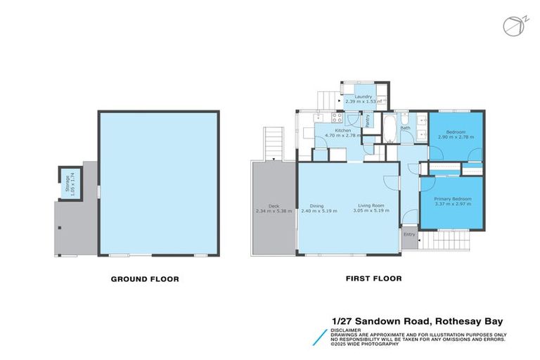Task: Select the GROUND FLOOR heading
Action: pos(145,279)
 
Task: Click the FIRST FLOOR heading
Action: pos(373,278)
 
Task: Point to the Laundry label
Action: pos(363,96)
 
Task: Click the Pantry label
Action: pos(368,120)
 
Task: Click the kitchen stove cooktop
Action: pos(336,119)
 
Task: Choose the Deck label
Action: pos(263,206)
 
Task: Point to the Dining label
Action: pos(317,206)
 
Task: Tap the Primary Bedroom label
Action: pos(452,199)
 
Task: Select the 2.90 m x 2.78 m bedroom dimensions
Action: pos(456,136)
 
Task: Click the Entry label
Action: pos(409,235)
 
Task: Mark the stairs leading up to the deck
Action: pos(272,143)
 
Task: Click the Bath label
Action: pos(406,128)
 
